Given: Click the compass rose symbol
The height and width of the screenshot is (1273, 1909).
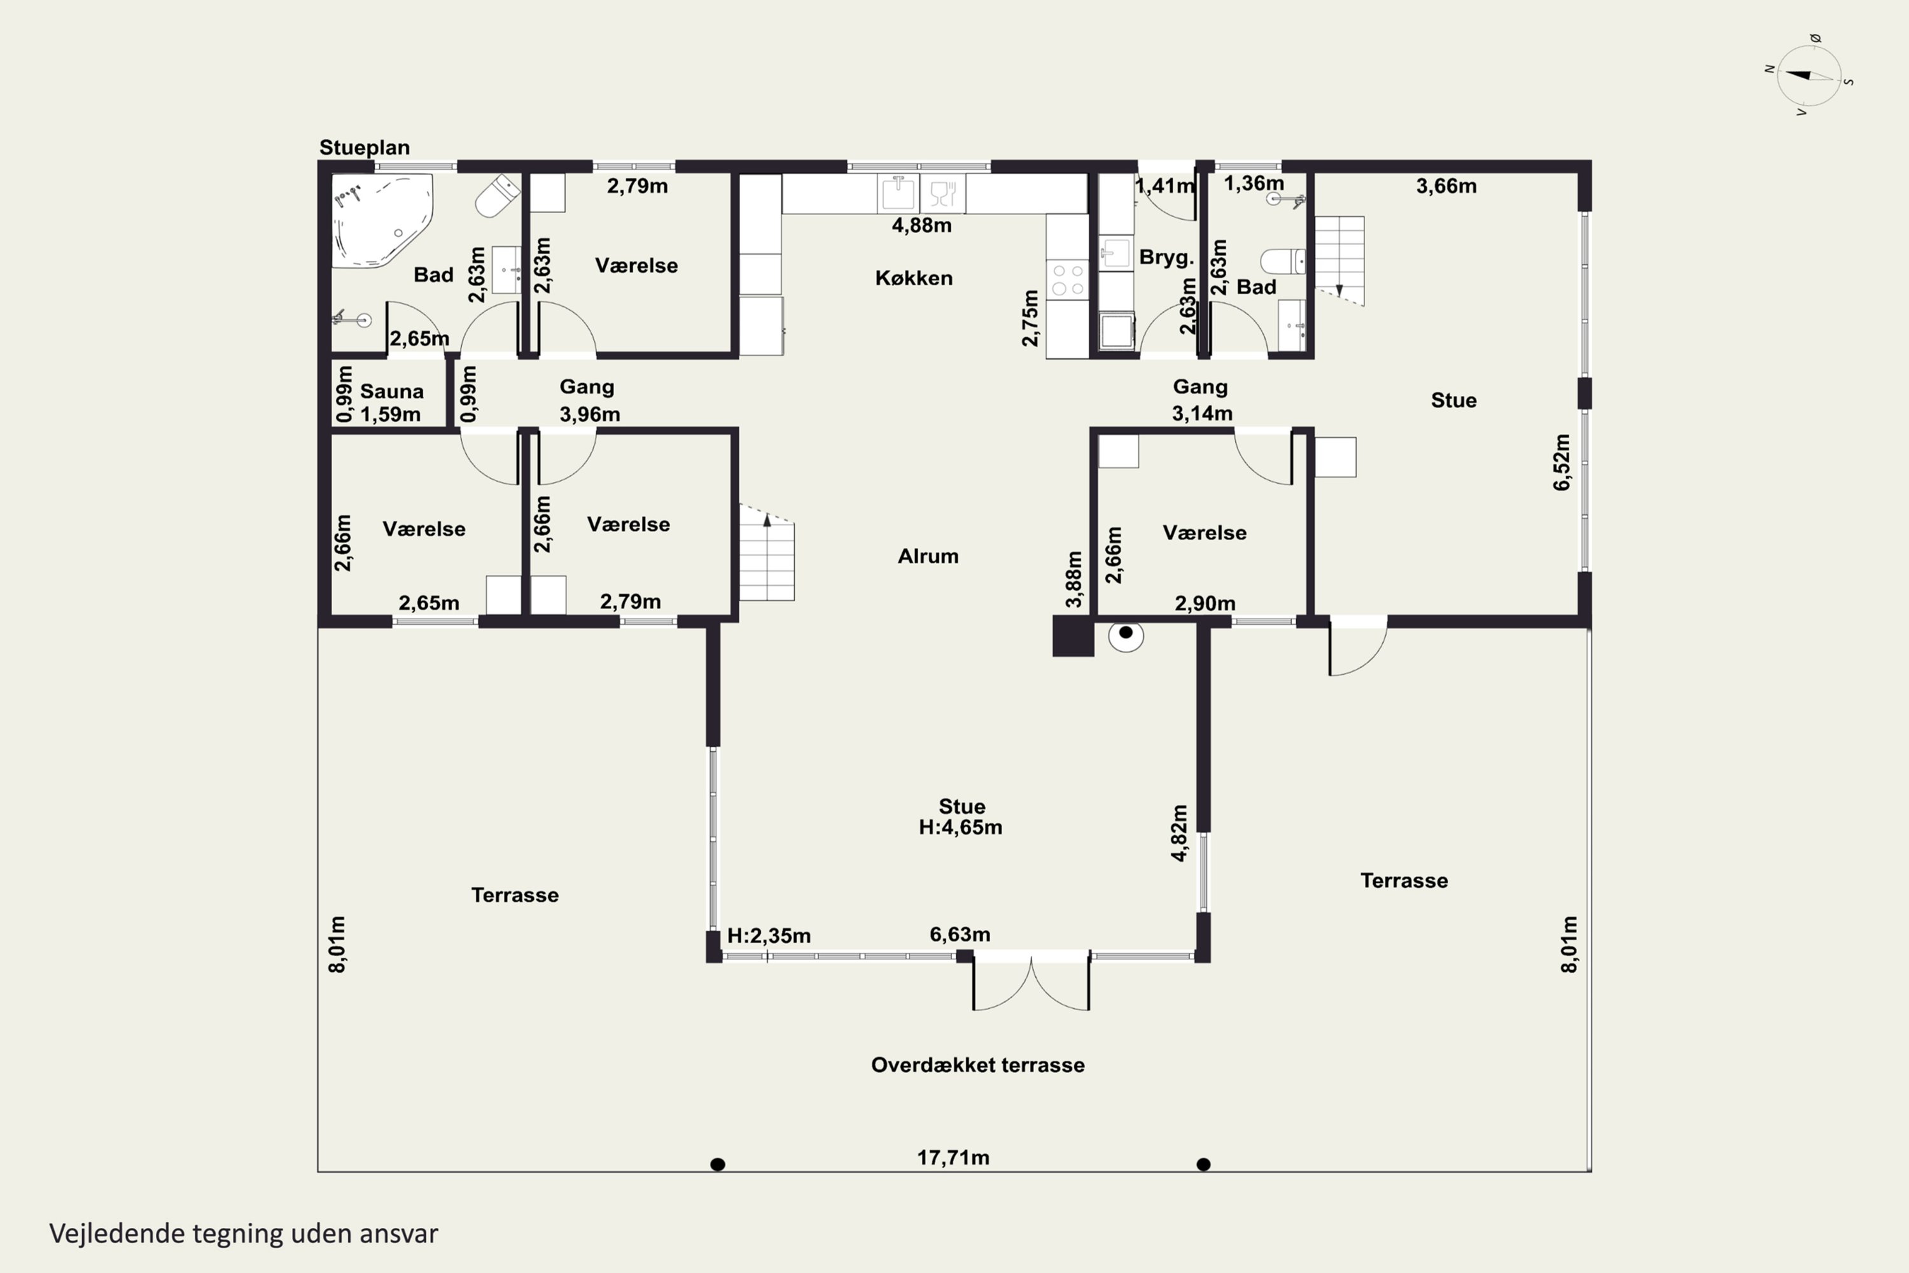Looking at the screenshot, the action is coord(1809,76).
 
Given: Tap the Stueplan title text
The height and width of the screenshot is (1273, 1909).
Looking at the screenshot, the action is coord(365,148).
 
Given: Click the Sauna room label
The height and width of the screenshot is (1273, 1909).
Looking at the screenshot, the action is coord(391,391).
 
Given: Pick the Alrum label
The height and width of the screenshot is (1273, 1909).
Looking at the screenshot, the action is coord(928,556).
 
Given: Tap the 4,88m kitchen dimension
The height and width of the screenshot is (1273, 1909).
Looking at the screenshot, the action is coord(921,225).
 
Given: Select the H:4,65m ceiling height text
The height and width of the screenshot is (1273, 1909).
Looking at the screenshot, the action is coord(960,827).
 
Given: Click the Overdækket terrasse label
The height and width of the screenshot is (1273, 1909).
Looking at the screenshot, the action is coord(977,1065).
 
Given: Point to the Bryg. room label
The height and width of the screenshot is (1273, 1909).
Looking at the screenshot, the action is coord(1166,257).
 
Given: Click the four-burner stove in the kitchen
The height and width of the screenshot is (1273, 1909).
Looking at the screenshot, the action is coord(1067,279).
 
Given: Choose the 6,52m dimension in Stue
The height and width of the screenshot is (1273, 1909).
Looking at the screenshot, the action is coord(1562,462).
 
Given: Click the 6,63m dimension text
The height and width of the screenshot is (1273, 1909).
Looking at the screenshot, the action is coord(960,934).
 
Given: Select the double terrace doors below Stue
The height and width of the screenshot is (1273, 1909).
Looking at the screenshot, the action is coord(1031,982).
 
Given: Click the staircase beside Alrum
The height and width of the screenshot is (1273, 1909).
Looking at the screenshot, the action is coord(767,554).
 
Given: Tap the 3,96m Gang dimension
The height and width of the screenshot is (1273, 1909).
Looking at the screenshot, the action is coord(589,414).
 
